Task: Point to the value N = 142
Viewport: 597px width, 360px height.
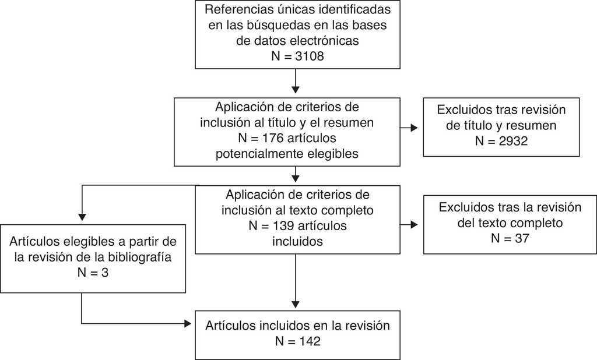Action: (x=297, y=341)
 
